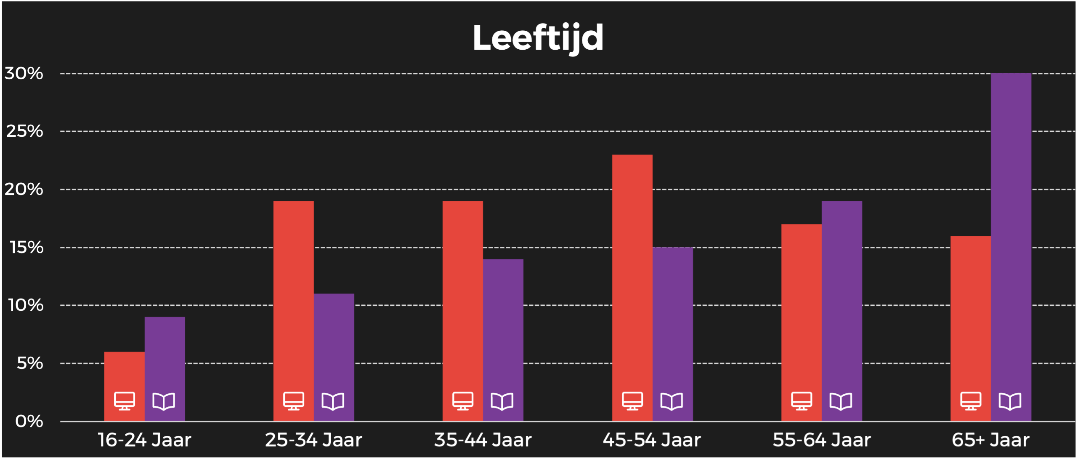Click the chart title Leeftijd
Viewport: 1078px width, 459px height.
click(x=538, y=38)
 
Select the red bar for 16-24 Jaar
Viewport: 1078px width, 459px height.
click(x=124, y=371)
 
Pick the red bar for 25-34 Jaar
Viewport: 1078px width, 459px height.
click(x=293, y=295)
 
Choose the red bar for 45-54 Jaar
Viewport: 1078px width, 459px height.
click(x=632, y=274)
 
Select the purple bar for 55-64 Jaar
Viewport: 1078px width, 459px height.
click(x=842, y=295)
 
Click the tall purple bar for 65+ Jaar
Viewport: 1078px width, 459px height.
click(x=1011, y=232)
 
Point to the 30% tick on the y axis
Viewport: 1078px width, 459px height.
click(x=24, y=74)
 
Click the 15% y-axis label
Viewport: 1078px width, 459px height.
click(x=27, y=248)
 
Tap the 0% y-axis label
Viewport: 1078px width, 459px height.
click(x=29, y=421)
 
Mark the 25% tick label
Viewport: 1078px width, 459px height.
click(x=25, y=131)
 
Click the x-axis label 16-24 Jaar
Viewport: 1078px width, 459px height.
click(x=144, y=440)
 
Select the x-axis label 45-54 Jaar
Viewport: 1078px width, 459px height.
click(x=652, y=440)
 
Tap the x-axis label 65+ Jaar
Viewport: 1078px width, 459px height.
click(x=990, y=440)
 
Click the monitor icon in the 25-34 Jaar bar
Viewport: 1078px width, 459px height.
click(x=294, y=401)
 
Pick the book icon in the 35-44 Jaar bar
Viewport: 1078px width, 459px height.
click(x=502, y=401)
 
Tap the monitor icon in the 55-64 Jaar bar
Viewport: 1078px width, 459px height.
click(x=802, y=401)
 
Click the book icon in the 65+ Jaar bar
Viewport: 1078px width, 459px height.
click(x=1010, y=401)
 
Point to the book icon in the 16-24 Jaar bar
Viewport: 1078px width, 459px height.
click(x=164, y=401)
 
